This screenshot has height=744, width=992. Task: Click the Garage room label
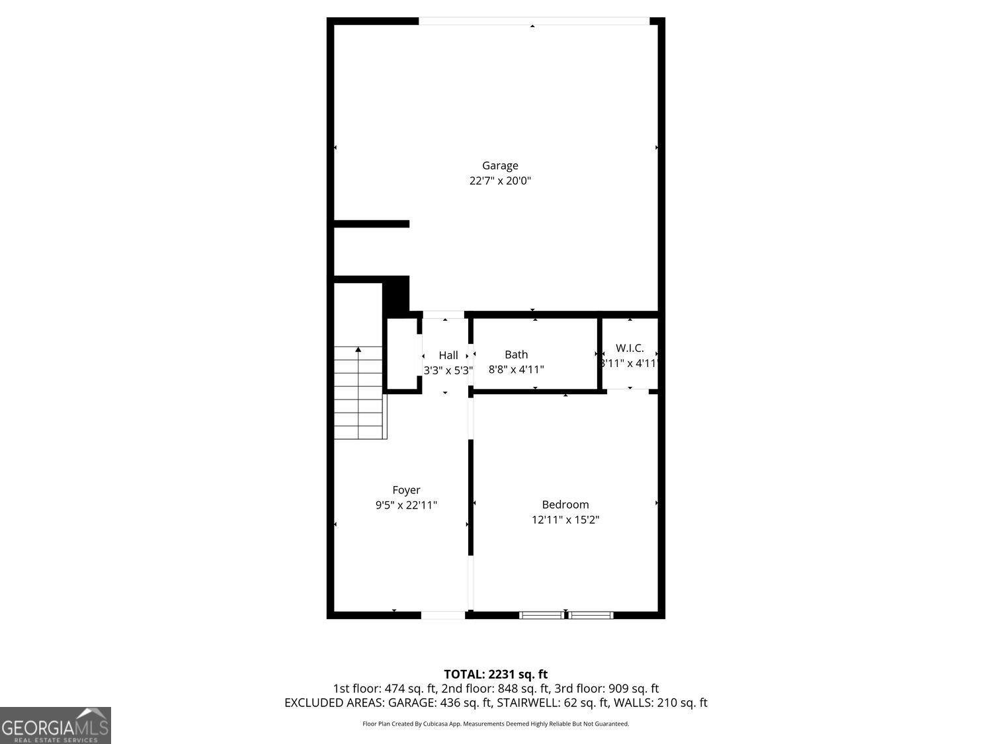[499, 165]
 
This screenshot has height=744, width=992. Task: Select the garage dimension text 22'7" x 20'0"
[500, 181]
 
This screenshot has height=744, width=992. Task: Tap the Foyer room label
[406, 490]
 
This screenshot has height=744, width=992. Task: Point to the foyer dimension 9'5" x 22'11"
[406, 505]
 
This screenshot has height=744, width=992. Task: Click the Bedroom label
[565, 505]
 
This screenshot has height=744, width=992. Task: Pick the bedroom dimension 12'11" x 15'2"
[565, 520]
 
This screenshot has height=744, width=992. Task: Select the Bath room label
[516, 354]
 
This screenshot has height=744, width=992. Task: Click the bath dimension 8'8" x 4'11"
[516, 370]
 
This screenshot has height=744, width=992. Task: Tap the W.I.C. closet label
[630, 348]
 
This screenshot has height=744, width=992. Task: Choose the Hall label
[448, 355]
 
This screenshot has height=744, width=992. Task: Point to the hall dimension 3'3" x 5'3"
[448, 370]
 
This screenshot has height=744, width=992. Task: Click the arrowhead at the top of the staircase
[358, 349]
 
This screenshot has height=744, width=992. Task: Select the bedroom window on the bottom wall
[566, 615]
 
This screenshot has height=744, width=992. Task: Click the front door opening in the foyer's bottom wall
[443, 615]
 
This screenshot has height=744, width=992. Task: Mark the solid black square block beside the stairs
[396, 296]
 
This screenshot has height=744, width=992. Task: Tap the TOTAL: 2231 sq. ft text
[495, 675]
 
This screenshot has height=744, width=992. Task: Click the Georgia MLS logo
[56, 725]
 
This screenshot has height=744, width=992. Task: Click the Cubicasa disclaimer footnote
[495, 724]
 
